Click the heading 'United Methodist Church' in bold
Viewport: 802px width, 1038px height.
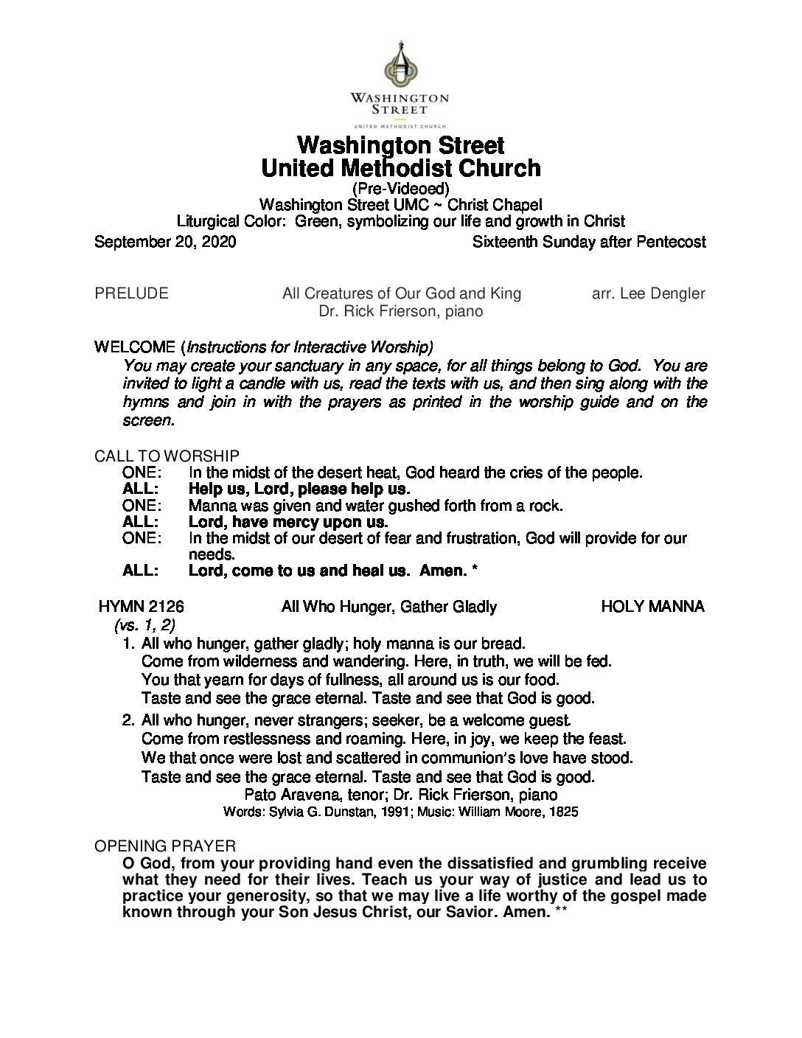401,168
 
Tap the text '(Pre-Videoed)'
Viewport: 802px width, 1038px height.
400,189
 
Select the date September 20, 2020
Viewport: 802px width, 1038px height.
165,242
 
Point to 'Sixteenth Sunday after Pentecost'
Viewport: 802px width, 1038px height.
589,242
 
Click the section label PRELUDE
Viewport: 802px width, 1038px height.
131,293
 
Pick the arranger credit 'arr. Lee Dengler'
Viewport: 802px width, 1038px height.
648,293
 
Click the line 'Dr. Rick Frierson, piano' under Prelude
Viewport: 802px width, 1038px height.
400,311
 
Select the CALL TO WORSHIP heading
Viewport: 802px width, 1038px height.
167,457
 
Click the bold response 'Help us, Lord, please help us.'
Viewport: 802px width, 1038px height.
299,489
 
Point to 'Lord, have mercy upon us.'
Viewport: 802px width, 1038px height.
287,522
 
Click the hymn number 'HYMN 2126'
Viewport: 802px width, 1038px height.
142,607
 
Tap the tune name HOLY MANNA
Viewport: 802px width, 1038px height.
652,607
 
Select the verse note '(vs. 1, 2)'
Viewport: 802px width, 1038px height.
144,625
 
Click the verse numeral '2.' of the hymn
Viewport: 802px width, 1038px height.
129,720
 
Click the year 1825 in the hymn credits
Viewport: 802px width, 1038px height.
562,812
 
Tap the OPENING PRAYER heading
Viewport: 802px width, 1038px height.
165,846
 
